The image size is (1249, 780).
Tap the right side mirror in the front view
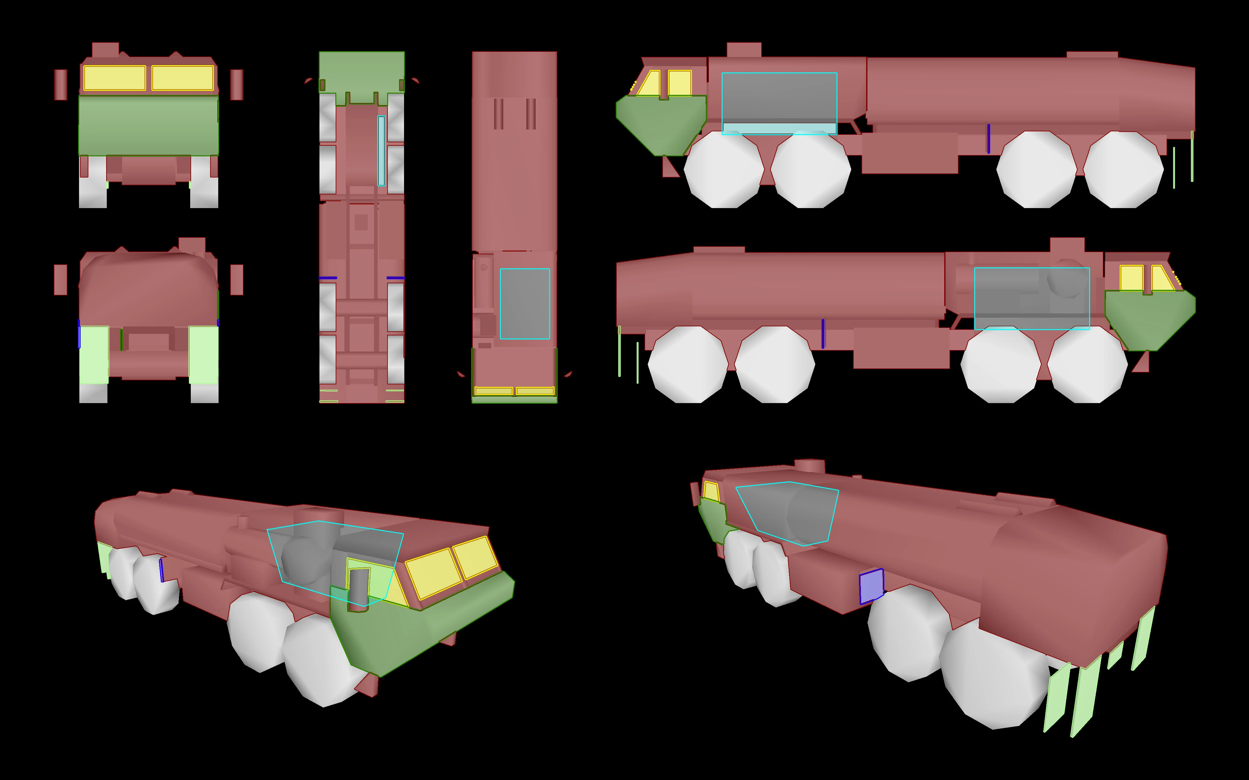tap(236, 85)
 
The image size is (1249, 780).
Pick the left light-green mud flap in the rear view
tap(94, 355)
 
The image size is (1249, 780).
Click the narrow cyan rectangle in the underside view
tap(381, 151)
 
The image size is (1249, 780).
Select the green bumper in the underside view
tap(361, 75)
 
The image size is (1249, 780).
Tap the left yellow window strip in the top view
tap(493, 391)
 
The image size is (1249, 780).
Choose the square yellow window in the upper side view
tap(680, 83)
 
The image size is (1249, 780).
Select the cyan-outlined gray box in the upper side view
tap(779, 103)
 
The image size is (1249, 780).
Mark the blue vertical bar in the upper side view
tap(988, 138)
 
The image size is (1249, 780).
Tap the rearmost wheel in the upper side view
tap(1123, 169)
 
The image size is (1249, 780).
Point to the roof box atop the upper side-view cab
tap(744, 50)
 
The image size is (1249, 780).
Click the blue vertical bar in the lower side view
tap(823, 333)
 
